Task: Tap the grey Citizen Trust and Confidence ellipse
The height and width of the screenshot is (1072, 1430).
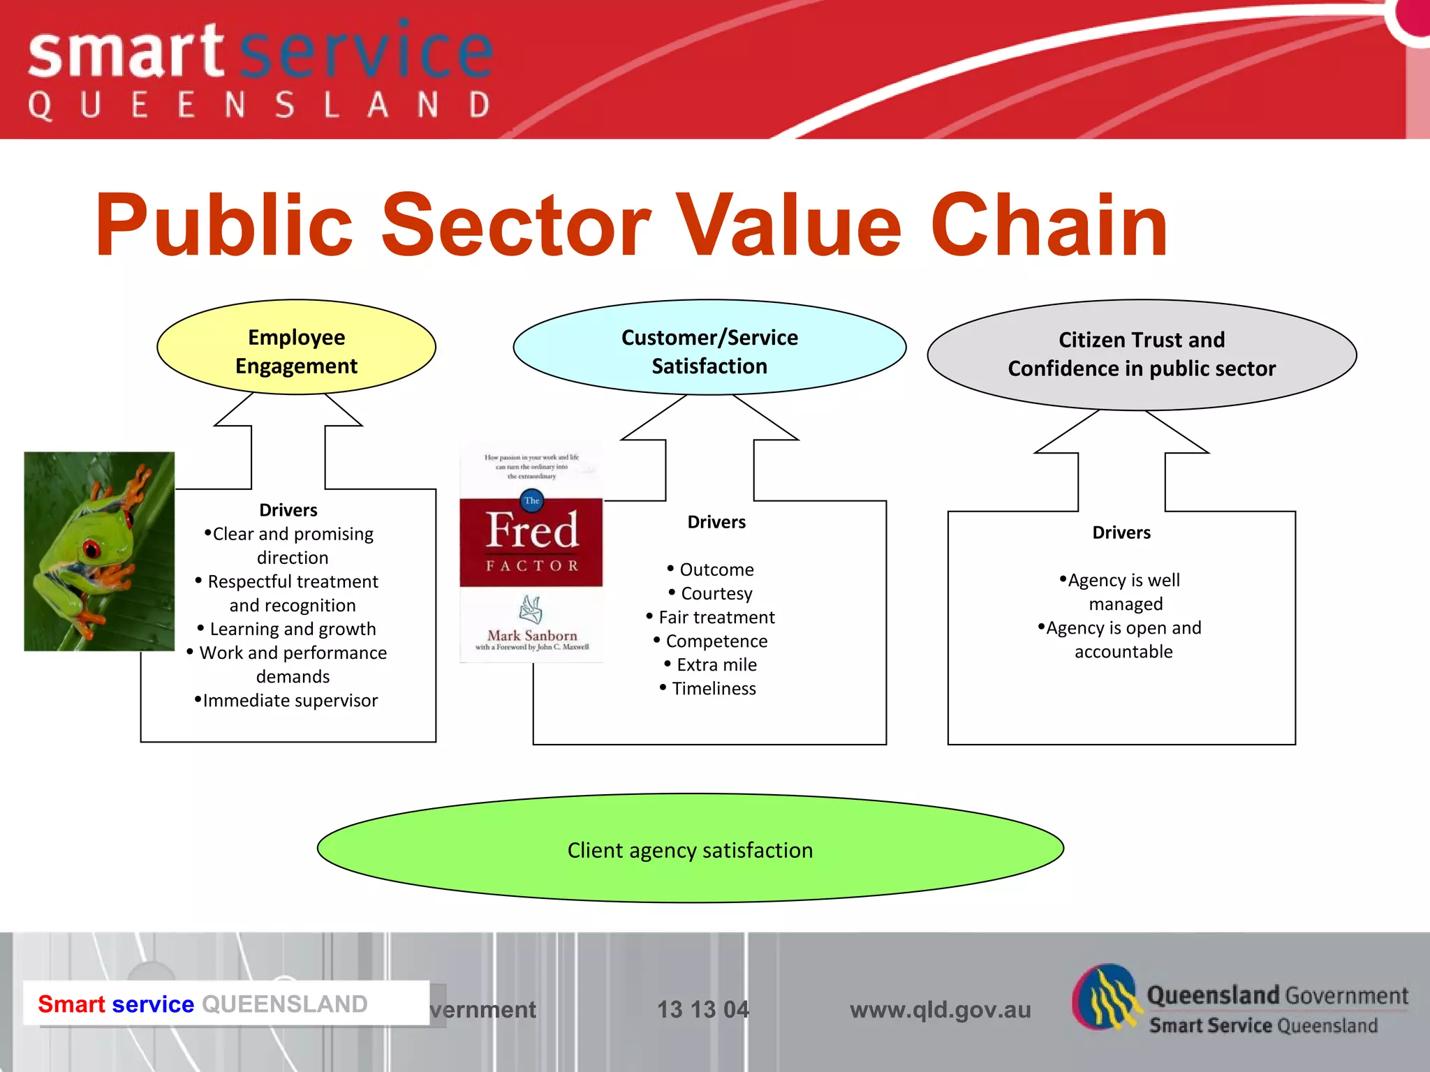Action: (1141, 354)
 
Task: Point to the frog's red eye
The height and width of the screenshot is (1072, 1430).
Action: (91, 549)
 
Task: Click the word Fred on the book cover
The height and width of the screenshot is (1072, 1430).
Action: (532, 530)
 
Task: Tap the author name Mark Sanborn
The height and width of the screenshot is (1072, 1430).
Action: (532, 635)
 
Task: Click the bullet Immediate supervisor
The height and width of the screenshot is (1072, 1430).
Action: (290, 700)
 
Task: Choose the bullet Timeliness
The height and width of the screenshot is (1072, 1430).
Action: (714, 688)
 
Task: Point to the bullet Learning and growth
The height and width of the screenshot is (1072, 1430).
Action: (293, 629)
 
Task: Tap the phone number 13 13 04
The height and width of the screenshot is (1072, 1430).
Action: (702, 1009)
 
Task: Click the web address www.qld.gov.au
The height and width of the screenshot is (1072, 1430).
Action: (940, 1009)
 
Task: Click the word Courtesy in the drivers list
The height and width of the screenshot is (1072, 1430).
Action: (716, 593)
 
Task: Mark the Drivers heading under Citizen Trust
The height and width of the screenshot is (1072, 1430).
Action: (1121, 533)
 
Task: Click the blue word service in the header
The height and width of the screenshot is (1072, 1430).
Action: (367, 50)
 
